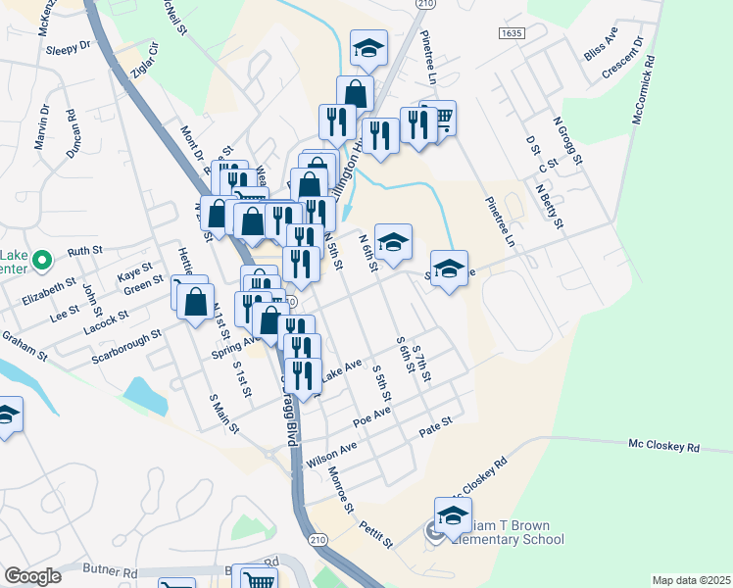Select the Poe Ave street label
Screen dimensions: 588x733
coord(372,417)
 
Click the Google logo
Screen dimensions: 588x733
coord(32,575)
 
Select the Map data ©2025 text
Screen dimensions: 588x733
coord(691,580)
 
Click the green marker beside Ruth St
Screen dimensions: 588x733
coord(41,261)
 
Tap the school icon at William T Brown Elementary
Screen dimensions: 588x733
coord(454,517)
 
